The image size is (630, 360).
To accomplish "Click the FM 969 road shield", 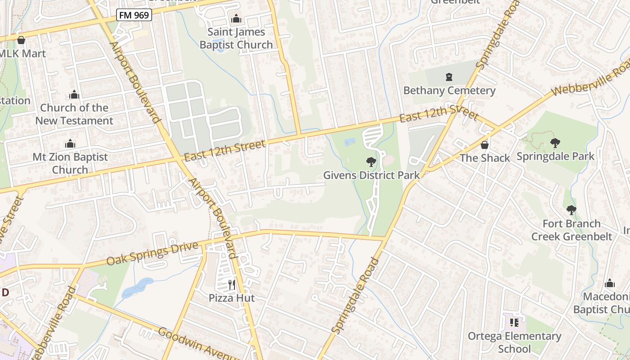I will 134,15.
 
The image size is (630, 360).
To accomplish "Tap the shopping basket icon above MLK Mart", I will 21,40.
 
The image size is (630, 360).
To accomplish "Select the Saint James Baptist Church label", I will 236,39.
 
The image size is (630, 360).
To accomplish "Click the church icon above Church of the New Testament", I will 74,95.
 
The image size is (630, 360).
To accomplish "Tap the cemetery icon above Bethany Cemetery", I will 449,77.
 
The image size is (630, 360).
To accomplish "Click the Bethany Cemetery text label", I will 449,90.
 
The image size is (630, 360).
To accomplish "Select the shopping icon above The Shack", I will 485,145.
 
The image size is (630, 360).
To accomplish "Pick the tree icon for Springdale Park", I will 555,144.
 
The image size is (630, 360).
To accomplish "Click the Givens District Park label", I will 371,175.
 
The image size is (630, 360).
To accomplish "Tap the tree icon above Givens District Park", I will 371,162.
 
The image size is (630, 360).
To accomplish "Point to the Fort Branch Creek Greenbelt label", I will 571,230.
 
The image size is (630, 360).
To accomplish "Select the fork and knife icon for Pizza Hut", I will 232,284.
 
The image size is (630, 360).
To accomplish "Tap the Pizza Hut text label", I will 232,298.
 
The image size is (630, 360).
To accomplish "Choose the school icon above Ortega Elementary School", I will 514,323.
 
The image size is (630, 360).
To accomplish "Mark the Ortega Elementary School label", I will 514,342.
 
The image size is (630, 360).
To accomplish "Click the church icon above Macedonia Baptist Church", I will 610,283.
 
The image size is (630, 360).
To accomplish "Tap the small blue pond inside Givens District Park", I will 349,142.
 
